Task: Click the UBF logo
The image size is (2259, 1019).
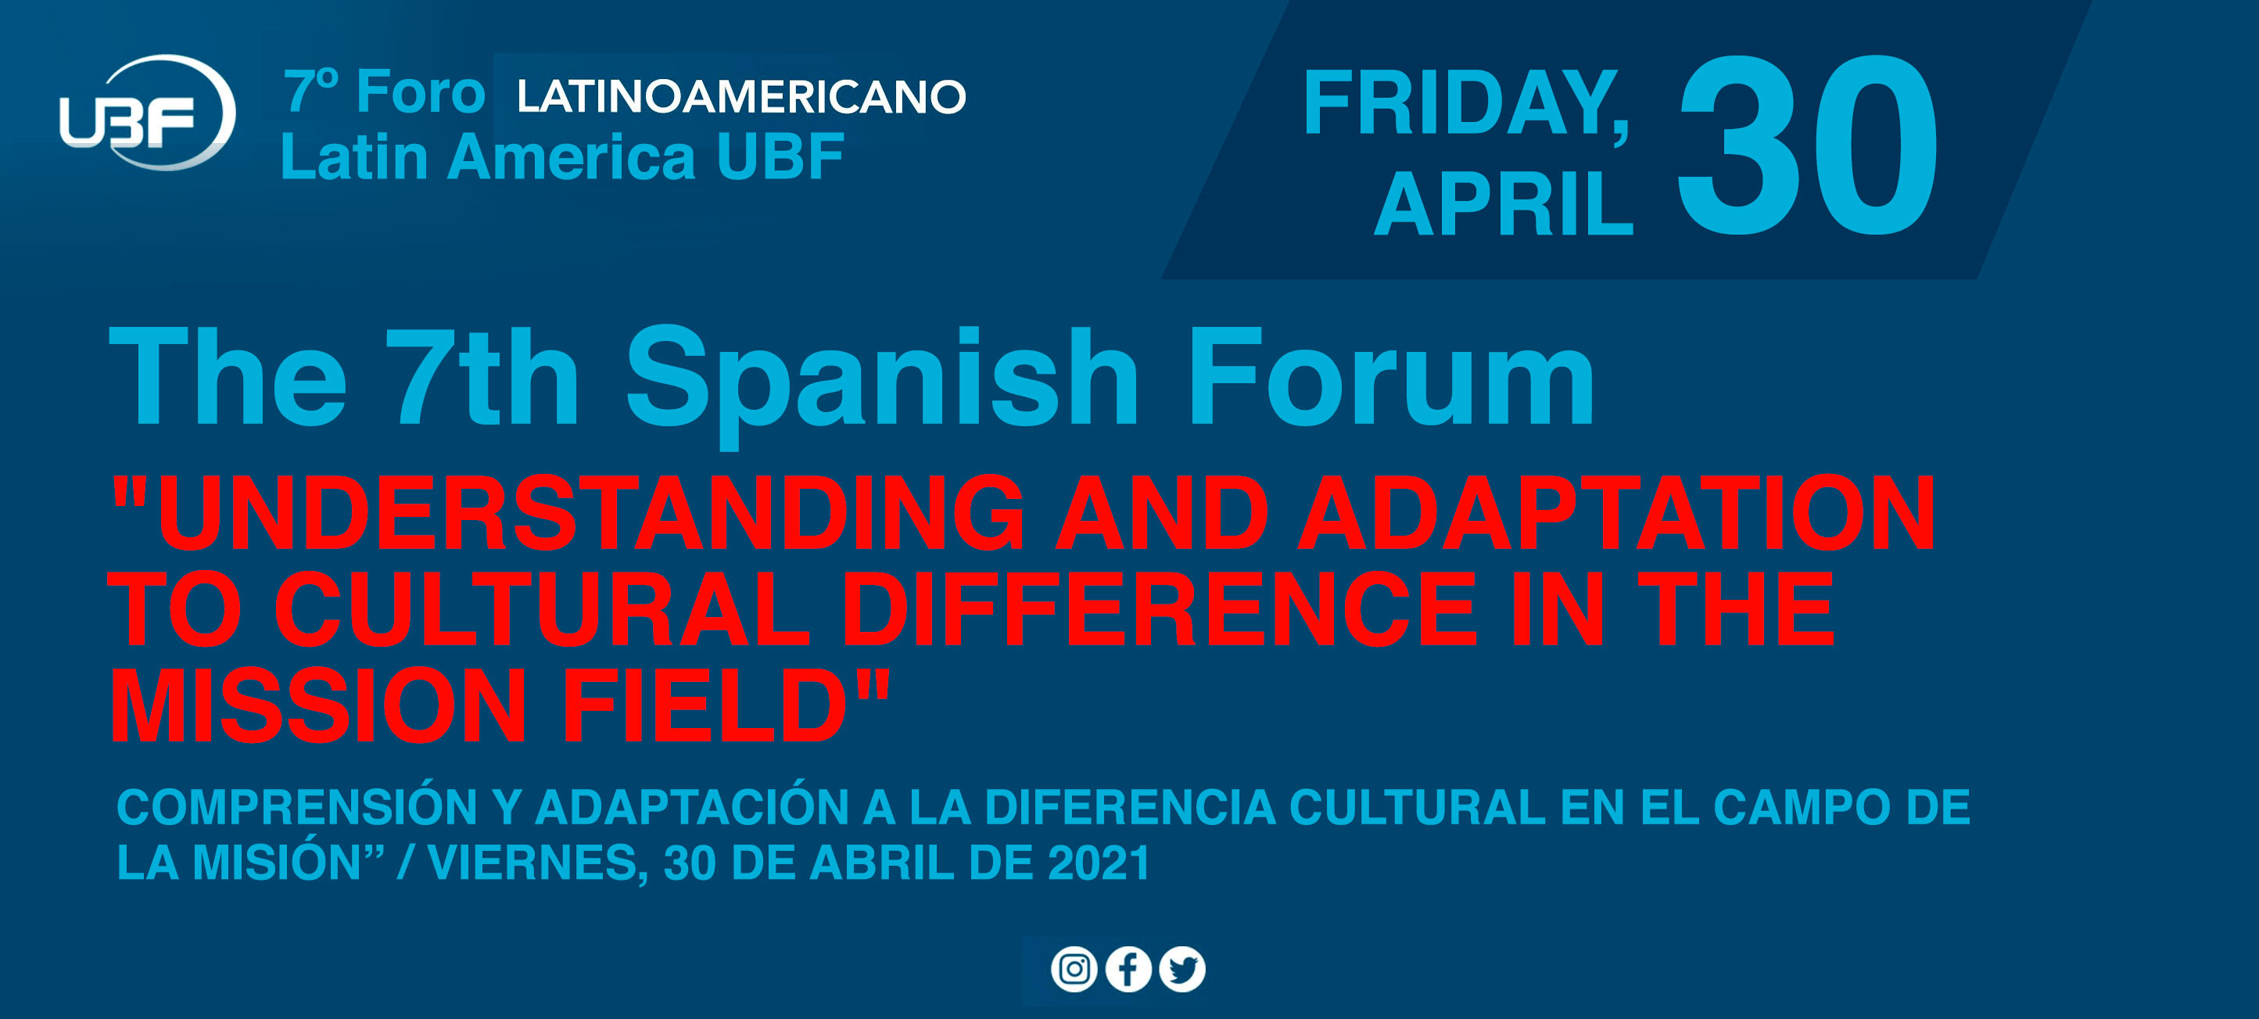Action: point(147,113)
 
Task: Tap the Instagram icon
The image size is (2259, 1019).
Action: point(1074,970)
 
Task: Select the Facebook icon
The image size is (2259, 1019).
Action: point(1128,970)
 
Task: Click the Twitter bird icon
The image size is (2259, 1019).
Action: point(1182,970)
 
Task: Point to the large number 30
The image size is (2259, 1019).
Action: point(1809,145)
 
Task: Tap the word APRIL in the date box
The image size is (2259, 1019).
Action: point(1504,204)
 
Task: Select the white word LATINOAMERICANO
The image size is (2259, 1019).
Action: point(741,96)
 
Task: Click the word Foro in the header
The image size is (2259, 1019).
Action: point(421,91)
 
